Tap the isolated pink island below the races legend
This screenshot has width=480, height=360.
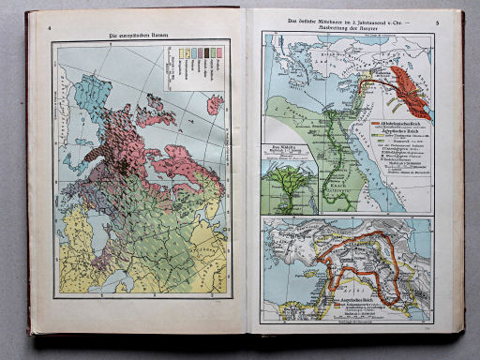click(x=215, y=104)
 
